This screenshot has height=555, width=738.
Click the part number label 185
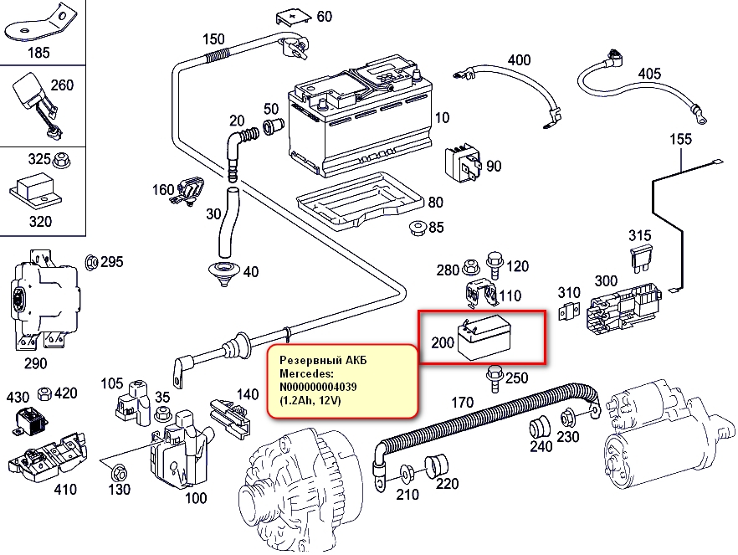[38, 52]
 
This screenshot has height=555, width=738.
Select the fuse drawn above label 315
[640, 260]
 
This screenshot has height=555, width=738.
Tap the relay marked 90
[464, 164]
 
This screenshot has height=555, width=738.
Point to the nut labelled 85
[418, 228]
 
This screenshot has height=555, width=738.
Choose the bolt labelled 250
[495, 378]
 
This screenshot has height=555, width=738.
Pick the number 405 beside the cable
[649, 74]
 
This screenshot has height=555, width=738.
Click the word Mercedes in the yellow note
[306, 373]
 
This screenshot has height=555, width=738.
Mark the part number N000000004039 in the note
[318, 387]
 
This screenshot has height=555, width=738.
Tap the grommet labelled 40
[223, 273]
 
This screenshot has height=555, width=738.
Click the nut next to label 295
[91, 262]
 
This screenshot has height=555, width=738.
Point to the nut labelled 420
[44, 393]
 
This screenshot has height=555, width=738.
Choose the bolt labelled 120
[495, 266]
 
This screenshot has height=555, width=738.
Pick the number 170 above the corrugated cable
[462, 403]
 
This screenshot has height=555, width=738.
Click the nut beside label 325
[61, 161]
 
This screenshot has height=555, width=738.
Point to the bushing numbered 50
[273, 126]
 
